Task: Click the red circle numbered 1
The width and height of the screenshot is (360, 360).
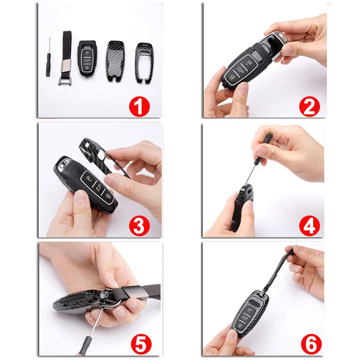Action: click(x=139, y=107)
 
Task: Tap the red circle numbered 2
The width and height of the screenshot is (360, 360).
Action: click(x=309, y=106)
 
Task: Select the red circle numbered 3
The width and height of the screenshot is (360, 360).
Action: click(x=139, y=226)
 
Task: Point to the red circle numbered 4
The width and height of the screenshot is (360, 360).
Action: click(x=310, y=226)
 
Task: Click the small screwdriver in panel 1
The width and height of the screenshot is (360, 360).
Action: click(x=48, y=58)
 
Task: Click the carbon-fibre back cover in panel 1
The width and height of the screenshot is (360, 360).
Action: click(x=116, y=61)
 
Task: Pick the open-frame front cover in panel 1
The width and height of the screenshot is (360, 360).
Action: click(x=144, y=63)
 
